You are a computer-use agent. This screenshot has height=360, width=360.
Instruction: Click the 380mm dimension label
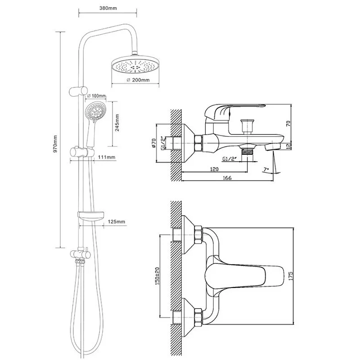tap(108, 8)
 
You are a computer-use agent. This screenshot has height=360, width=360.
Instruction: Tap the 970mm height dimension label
tap(55, 144)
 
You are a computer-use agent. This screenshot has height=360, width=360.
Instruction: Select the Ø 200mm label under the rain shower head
tap(138, 80)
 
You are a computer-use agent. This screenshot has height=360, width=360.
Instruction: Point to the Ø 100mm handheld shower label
tap(96, 96)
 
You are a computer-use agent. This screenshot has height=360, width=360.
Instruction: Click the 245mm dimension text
tap(117, 122)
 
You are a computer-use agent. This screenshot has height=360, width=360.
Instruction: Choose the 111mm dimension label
tap(107, 157)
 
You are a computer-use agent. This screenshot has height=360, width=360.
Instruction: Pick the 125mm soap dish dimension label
tap(117, 221)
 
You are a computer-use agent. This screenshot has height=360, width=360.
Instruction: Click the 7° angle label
tap(266, 170)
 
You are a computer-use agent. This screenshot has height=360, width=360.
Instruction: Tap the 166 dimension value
tap(227, 178)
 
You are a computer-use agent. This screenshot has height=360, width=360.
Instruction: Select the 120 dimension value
tap(214, 169)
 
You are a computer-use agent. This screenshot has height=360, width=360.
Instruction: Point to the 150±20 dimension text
tap(157, 276)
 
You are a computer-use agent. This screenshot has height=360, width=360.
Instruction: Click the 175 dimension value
tap(291, 276)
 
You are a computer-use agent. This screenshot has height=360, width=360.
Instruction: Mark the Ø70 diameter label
tap(154, 143)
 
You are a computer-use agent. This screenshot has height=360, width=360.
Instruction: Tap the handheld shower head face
tap(96, 112)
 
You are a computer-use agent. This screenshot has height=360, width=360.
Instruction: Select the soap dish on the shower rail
tap(91, 216)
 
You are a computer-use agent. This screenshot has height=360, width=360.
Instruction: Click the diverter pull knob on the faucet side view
tap(247, 126)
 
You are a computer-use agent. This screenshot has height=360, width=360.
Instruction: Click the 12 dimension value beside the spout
tap(289, 145)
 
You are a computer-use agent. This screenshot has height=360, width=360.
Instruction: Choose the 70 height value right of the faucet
tap(288, 123)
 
